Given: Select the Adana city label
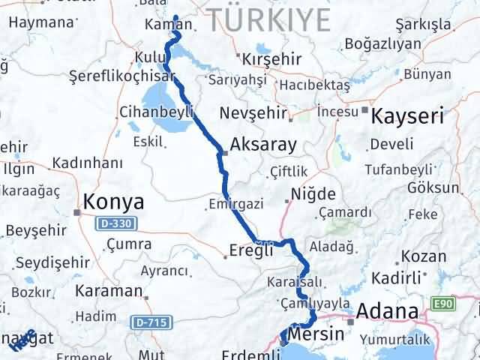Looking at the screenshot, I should (387, 310).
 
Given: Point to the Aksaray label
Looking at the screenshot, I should (263, 145).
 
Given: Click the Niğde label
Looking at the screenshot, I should (313, 195).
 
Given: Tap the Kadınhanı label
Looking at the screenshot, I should (88, 163).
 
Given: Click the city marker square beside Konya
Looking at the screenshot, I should (77, 212).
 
